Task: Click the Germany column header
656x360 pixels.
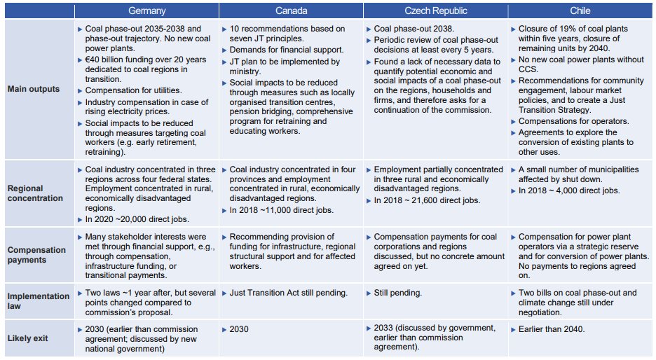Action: point(147,11)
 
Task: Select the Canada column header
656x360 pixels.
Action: point(291,11)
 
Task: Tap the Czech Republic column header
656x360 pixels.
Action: point(435,11)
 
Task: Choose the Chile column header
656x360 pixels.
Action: point(580,11)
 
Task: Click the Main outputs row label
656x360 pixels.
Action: point(34,89)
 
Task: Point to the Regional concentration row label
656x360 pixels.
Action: point(35,193)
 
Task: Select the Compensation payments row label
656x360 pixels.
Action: point(36,255)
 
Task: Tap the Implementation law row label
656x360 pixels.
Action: point(39,301)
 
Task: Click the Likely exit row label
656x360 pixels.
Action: point(27,338)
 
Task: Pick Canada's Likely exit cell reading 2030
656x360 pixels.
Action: point(239,329)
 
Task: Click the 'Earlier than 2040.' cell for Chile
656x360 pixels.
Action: point(552,329)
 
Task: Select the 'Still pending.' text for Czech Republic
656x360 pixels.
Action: point(397,293)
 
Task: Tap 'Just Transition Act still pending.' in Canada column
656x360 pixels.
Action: point(288,293)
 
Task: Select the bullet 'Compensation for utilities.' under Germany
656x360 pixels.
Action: point(133,90)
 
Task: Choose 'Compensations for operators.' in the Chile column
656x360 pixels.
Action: point(573,121)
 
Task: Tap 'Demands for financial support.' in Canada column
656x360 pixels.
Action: point(287,50)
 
